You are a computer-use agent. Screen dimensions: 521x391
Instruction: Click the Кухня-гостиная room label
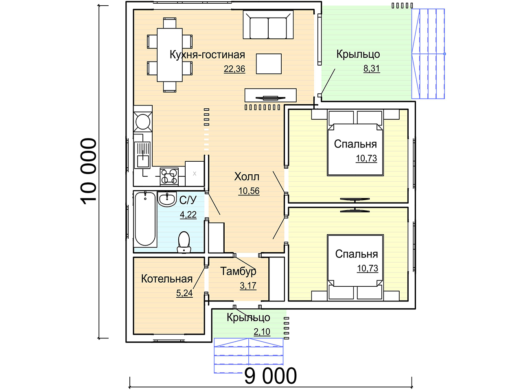point(207,55)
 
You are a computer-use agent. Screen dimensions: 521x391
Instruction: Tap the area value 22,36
point(234,69)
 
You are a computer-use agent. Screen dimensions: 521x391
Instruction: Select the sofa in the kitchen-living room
point(268,24)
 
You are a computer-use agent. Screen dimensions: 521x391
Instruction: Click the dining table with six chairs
point(170,55)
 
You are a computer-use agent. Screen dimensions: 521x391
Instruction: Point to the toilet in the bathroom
point(184,242)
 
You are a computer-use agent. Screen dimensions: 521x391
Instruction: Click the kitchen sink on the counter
point(142,155)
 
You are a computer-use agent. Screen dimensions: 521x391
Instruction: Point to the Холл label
point(247,177)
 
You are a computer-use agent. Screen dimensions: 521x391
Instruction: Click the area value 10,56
point(249,191)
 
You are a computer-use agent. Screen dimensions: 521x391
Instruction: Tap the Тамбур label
point(238,271)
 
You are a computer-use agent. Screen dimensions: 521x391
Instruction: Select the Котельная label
point(166,279)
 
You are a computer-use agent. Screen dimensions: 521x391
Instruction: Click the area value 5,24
point(184,293)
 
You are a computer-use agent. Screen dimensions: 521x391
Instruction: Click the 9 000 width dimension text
point(270,376)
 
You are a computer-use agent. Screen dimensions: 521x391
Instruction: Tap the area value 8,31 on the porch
point(372,68)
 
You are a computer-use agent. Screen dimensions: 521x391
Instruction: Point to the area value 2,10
point(262,332)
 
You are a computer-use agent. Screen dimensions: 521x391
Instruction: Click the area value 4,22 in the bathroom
point(188,215)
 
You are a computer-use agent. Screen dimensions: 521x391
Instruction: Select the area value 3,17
point(248,286)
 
